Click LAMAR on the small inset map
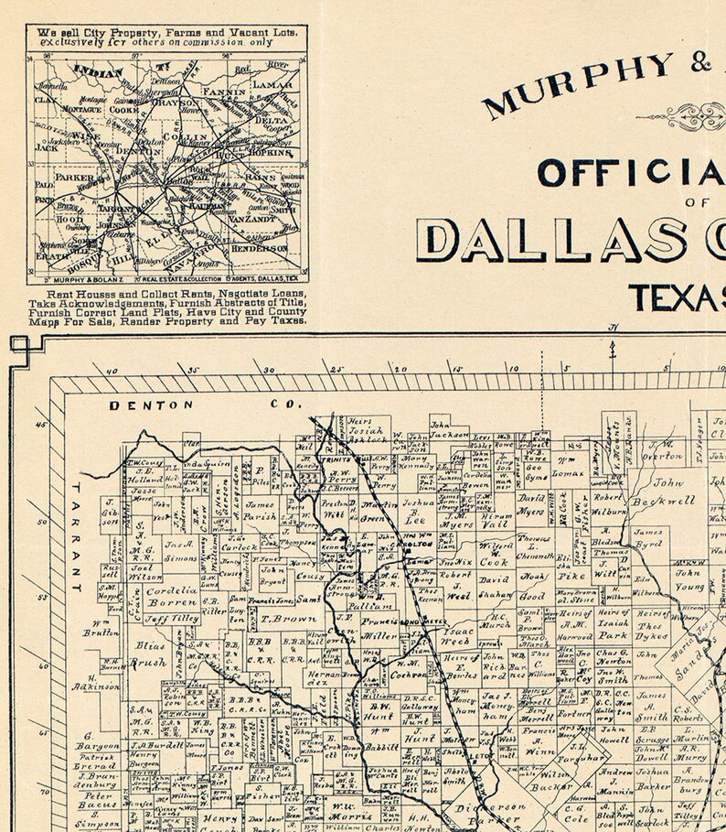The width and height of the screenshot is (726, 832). pos(271,84)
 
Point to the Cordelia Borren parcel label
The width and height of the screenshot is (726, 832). pos(172,597)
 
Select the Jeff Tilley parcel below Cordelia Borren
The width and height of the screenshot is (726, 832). pos(171,620)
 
